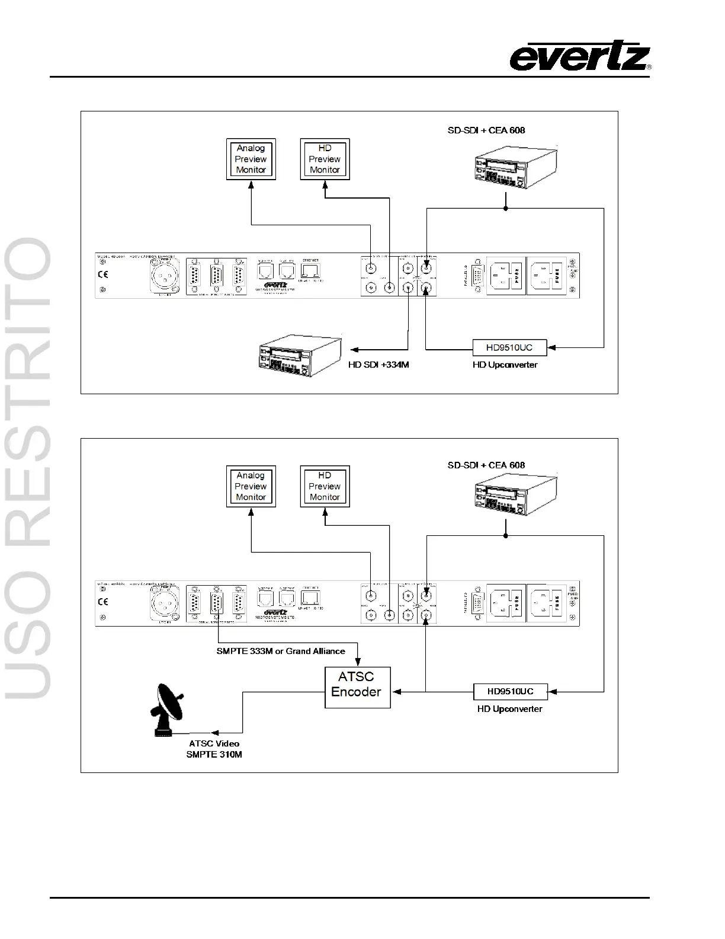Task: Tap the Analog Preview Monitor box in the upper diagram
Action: pos(251,159)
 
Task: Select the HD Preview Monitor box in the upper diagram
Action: pos(325,159)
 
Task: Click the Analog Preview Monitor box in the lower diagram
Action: pos(251,486)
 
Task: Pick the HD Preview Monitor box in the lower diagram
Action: pos(325,486)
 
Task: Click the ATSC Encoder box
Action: pos(357,687)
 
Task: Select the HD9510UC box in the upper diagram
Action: pos(509,347)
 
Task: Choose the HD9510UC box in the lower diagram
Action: pos(510,691)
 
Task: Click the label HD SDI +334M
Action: pos(378,365)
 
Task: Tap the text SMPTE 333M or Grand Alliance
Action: pos(281,651)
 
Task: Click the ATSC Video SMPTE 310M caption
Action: pos(214,749)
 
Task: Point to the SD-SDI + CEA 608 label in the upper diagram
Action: pos(486,130)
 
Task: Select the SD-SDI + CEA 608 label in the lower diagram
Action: pos(486,465)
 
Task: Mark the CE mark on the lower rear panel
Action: pos(103,602)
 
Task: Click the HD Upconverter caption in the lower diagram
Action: pos(509,709)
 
